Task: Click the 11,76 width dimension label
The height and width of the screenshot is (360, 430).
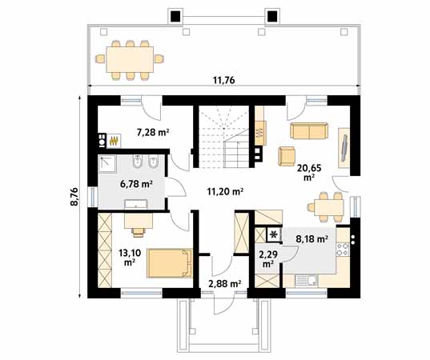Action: [x=223, y=80]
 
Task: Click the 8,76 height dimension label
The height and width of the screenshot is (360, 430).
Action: [x=74, y=197]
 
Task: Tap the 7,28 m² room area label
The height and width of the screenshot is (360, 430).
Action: [x=153, y=132]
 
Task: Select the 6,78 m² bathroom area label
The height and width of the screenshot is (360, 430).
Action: [x=136, y=184]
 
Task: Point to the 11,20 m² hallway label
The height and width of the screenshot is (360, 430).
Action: [x=226, y=191]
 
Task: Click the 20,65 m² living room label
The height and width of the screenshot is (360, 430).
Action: [x=309, y=172]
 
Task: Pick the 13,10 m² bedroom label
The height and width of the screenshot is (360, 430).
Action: [x=130, y=258]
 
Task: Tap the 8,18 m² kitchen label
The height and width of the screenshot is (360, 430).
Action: [x=311, y=239]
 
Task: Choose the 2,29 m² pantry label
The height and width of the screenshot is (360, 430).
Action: [x=268, y=258]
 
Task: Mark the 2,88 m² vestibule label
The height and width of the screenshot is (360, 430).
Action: [x=224, y=283]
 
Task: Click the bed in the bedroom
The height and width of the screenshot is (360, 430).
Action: [x=170, y=263]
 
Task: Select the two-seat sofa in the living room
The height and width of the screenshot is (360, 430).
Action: [x=309, y=130]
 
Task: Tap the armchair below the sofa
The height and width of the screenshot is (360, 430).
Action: [x=287, y=156]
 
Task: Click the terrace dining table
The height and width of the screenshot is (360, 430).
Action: [x=130, y=59]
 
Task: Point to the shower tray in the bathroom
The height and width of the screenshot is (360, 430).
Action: [x=107, y=163]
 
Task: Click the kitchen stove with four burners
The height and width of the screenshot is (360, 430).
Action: [x=343, y=249]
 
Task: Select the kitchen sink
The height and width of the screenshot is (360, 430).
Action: [x=307, y=280]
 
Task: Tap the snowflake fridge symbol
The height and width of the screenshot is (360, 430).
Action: [x=274, y=234]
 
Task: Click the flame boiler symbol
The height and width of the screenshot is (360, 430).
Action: [x=114, y=141]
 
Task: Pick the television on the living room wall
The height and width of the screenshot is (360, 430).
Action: [x=344, y=148]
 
